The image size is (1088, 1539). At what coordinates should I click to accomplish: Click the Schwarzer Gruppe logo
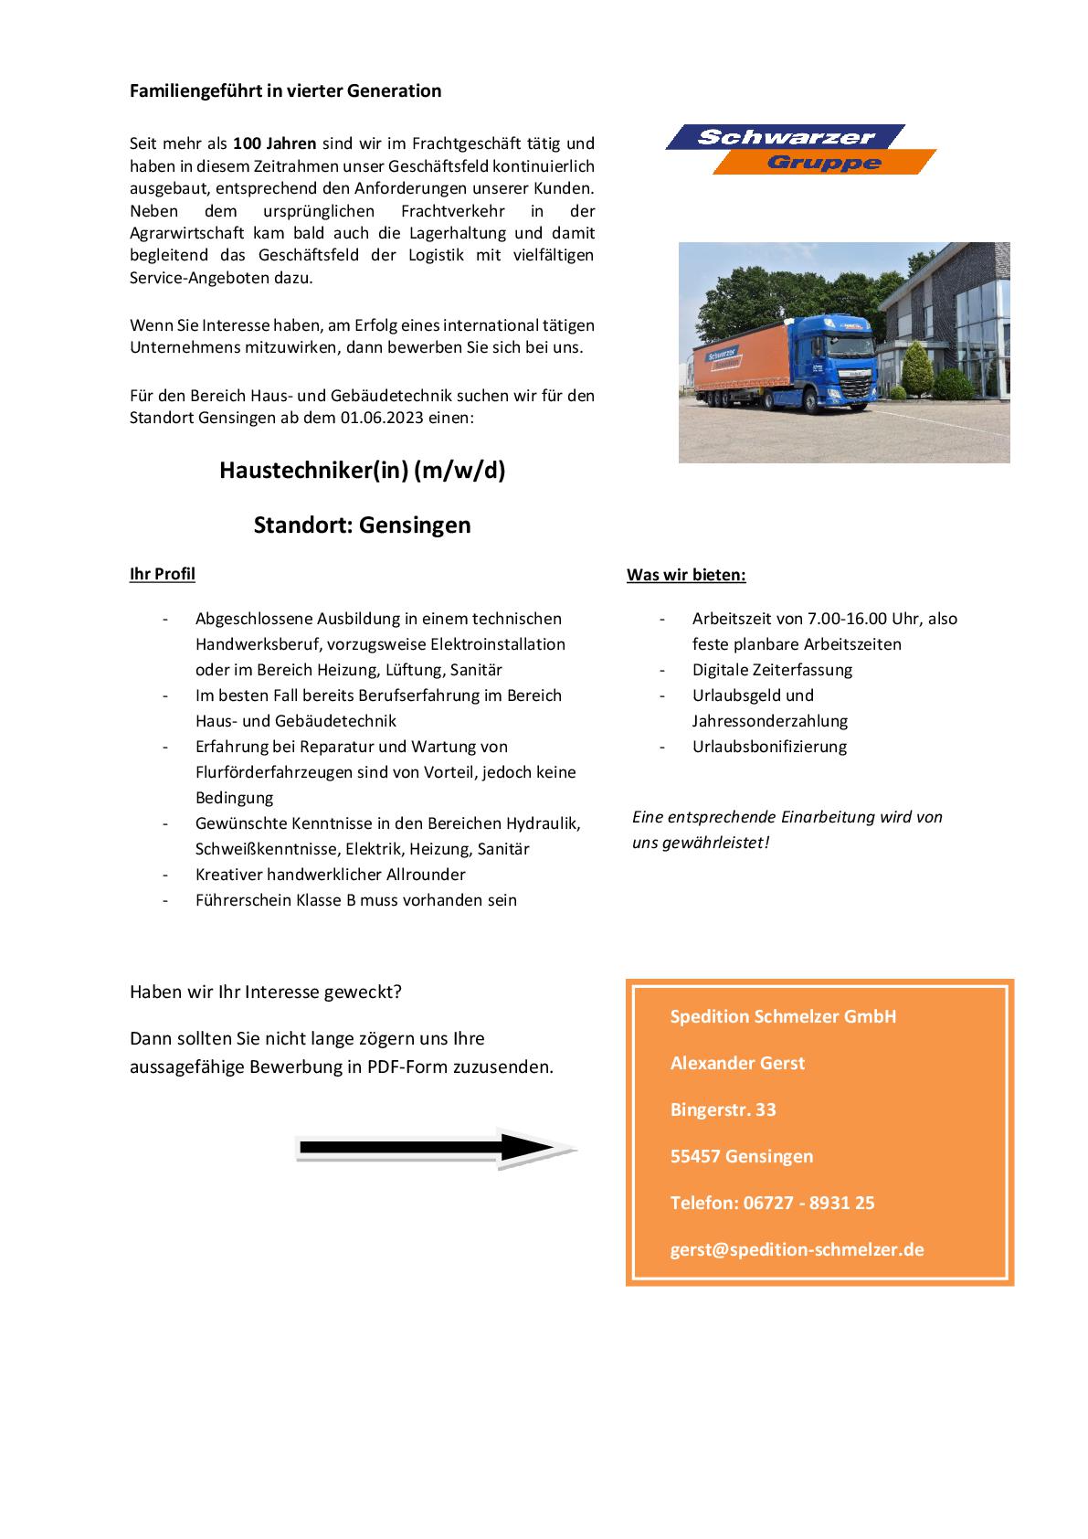point(800,149)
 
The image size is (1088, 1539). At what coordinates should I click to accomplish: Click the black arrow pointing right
point(434,1148)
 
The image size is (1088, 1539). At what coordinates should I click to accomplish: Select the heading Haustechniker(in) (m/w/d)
point(362,471)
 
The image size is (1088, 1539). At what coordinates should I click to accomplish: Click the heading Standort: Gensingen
point(362,525)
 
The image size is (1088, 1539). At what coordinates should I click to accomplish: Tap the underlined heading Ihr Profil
point(163,574)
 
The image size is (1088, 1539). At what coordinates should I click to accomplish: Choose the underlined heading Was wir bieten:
point(686,575)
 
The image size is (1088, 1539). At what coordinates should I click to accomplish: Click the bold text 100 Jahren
point(275,143)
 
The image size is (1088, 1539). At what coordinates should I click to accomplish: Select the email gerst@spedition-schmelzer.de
point(797,1249)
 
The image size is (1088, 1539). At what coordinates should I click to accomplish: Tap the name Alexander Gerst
point(737,1063)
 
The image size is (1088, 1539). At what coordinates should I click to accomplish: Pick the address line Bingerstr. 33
point(723,1109)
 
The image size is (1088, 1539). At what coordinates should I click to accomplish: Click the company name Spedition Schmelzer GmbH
point(783,1016)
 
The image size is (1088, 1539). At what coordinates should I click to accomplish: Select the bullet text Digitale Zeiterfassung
point(772,670)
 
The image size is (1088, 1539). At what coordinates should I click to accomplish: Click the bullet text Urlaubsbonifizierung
point(769,747)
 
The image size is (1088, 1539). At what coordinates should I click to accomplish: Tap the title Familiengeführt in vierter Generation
point(285,90)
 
